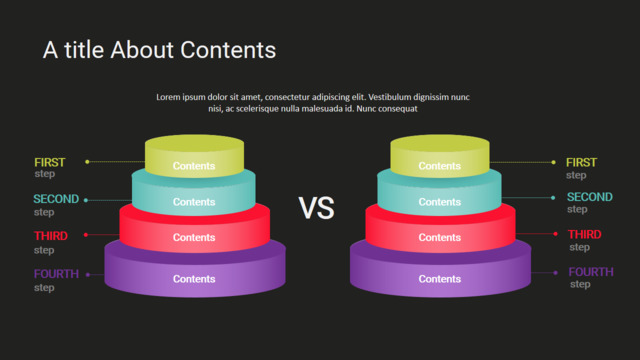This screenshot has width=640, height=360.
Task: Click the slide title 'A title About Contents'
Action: [x=160, y=50]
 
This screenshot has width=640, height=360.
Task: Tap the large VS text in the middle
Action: [x=316, y=208]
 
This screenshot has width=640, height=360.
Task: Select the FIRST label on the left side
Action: [x=49, y=162]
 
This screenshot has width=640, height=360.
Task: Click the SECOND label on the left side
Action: [x=56, y=199]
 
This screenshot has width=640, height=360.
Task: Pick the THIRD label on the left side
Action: [x=51, y=236]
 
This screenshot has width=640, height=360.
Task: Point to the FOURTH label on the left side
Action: [x=56, y=274]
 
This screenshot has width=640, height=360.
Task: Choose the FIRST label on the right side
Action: [x=581, y=162]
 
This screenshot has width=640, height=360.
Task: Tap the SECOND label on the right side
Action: [x=590, y=197]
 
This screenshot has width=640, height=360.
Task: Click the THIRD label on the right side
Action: [x=584, y=234]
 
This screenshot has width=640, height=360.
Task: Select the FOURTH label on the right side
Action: [x=591, y=272]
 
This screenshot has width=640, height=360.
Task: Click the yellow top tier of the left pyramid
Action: [x=194, y=156]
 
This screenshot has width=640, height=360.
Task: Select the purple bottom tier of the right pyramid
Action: [x=440, y=273]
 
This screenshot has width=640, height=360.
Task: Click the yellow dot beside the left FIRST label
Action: [x=87, y=162]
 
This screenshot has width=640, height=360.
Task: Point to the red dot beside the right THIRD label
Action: [x=556, y=234]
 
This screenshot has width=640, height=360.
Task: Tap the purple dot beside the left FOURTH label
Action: [x=88, y=275]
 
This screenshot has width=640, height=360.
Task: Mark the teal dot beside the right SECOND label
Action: [x=553, y=198]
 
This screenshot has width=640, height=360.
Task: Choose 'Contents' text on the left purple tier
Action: [x=194, y=279]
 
